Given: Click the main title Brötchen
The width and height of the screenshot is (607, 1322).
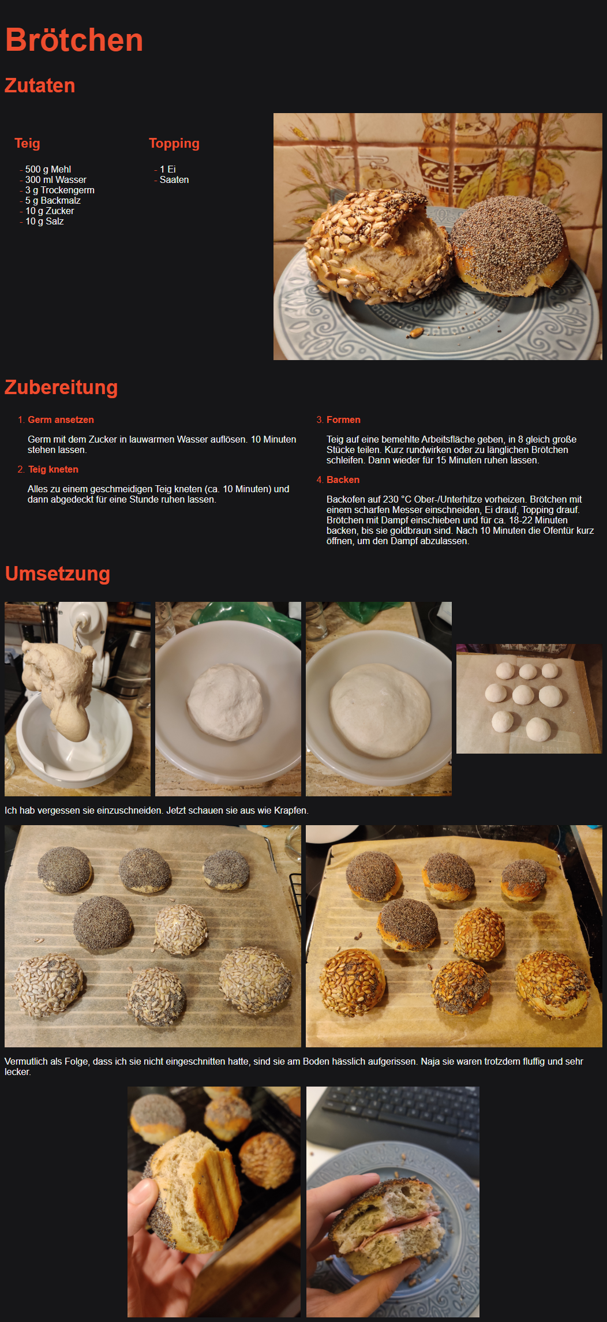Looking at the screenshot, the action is click(74, 40).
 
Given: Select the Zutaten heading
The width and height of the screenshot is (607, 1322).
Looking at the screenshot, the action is click(40, 85).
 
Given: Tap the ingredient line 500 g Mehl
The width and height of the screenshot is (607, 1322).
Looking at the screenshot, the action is click(48, 169).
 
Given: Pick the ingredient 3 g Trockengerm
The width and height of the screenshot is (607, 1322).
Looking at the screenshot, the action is click(60, 190).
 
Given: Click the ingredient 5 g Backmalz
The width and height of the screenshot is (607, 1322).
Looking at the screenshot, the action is click(53, 200).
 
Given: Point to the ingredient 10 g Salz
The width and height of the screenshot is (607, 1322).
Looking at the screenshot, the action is click(44, 221).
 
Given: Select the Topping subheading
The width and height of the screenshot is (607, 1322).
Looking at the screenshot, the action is click(174, 143).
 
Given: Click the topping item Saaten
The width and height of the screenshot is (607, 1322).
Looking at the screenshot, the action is click(174, 179).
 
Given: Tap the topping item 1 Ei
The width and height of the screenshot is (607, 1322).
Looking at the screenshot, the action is click(168, 169).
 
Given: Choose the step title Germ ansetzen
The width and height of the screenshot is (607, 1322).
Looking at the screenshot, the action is click(61, 420).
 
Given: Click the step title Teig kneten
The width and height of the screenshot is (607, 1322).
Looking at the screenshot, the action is click(53, 469).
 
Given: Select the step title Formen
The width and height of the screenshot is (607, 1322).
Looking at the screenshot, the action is click(343, 420).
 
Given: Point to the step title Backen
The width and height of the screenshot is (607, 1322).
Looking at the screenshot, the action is click(343, 480).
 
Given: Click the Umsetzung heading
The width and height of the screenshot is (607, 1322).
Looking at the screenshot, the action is click(57, 574).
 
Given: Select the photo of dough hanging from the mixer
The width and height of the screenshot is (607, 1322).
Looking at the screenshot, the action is click(77, 699).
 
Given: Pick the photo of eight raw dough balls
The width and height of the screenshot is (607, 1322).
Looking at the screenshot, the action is click(529, 699).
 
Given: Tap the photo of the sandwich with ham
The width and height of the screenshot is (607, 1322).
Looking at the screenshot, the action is click(393, 1202).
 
